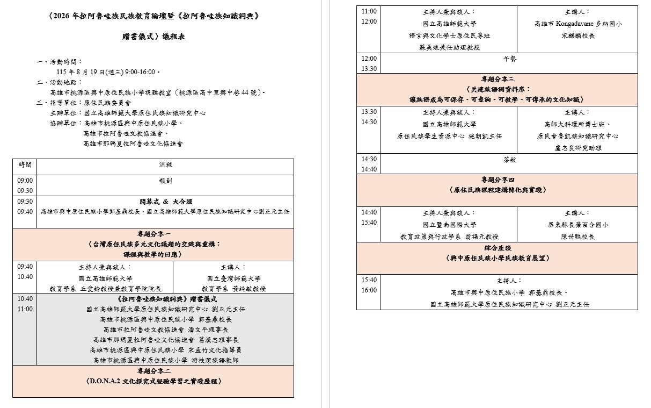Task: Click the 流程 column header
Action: pos(165,164)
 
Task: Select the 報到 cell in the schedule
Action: pos(165,181)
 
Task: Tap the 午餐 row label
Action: pos(509,59)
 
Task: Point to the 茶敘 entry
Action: pos(509,160)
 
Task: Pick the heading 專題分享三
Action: pos(498,79)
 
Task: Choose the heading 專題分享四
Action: pos(498,180)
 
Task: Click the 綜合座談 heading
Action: pos(498,248)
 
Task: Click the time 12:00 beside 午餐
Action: pos(369,59)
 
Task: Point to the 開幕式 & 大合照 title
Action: pos(166,202)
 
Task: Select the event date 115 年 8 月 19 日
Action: pos(81,72)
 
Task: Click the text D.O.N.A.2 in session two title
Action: pos(105,381)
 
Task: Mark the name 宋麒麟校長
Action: pos(578,36)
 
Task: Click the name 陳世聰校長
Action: pos(578,237)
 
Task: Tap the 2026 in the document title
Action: pos(61,16)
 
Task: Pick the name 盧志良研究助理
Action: pos(578,148)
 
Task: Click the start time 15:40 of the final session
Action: pos(369,280)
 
